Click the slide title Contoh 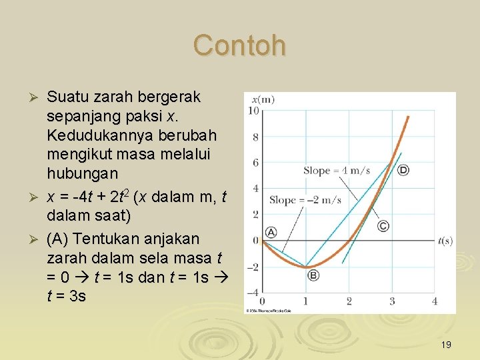tap(239, 46)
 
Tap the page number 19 tap(446, 345)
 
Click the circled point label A tap(271, 232)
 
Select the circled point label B tap(313, 275)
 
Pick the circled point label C tap(383, 226)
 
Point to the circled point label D tap(403, 171)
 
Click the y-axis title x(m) tap(263, 100)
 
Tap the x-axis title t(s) tap(445, 240)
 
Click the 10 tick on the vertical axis tap(254, 111)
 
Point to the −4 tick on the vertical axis tap(253, 292)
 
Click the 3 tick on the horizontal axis tap(392, 301)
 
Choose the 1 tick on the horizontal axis tap(305, 301)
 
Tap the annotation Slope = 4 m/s tap(337, 171)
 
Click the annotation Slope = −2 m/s tap(305, 200)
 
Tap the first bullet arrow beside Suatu tap(37, 98)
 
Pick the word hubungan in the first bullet tap(82, 173)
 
